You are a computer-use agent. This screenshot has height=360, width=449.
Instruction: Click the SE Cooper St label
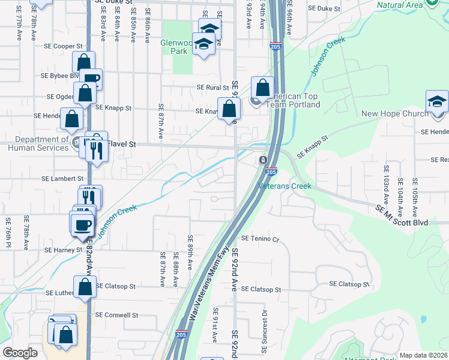click(x=63, y=46)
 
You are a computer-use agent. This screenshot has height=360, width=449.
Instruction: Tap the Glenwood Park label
click(x=177, y=47)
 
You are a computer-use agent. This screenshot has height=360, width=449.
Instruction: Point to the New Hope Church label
click(x=395, y=113)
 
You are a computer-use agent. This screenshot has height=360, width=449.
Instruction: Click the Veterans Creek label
click(x=285, y=186)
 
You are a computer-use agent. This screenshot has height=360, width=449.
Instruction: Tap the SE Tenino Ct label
click(x=261, y=238)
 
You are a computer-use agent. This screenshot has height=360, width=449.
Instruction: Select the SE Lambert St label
click(x=62, y=179)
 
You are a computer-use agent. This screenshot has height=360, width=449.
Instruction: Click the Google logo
click(x=20, y=353)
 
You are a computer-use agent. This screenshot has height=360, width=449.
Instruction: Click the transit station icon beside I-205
click(x=263, y=160)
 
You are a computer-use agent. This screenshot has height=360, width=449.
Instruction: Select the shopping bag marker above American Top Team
click(x=262, y=88)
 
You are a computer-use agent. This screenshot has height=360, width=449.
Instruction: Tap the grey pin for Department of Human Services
click(x=77, y=143)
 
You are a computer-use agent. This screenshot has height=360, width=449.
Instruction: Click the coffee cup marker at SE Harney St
click(x=82, y=224)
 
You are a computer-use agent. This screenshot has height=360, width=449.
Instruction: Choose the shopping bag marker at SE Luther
click(x=85, y=287)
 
